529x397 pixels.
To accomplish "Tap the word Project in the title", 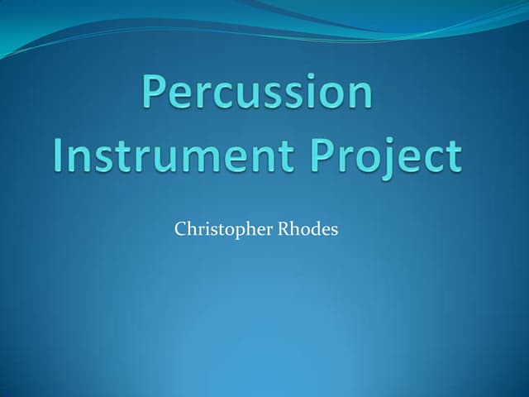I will (x=387, y=157).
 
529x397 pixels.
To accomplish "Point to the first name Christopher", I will (x=219, y=229).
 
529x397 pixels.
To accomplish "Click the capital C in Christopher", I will (x=180, y=228).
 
